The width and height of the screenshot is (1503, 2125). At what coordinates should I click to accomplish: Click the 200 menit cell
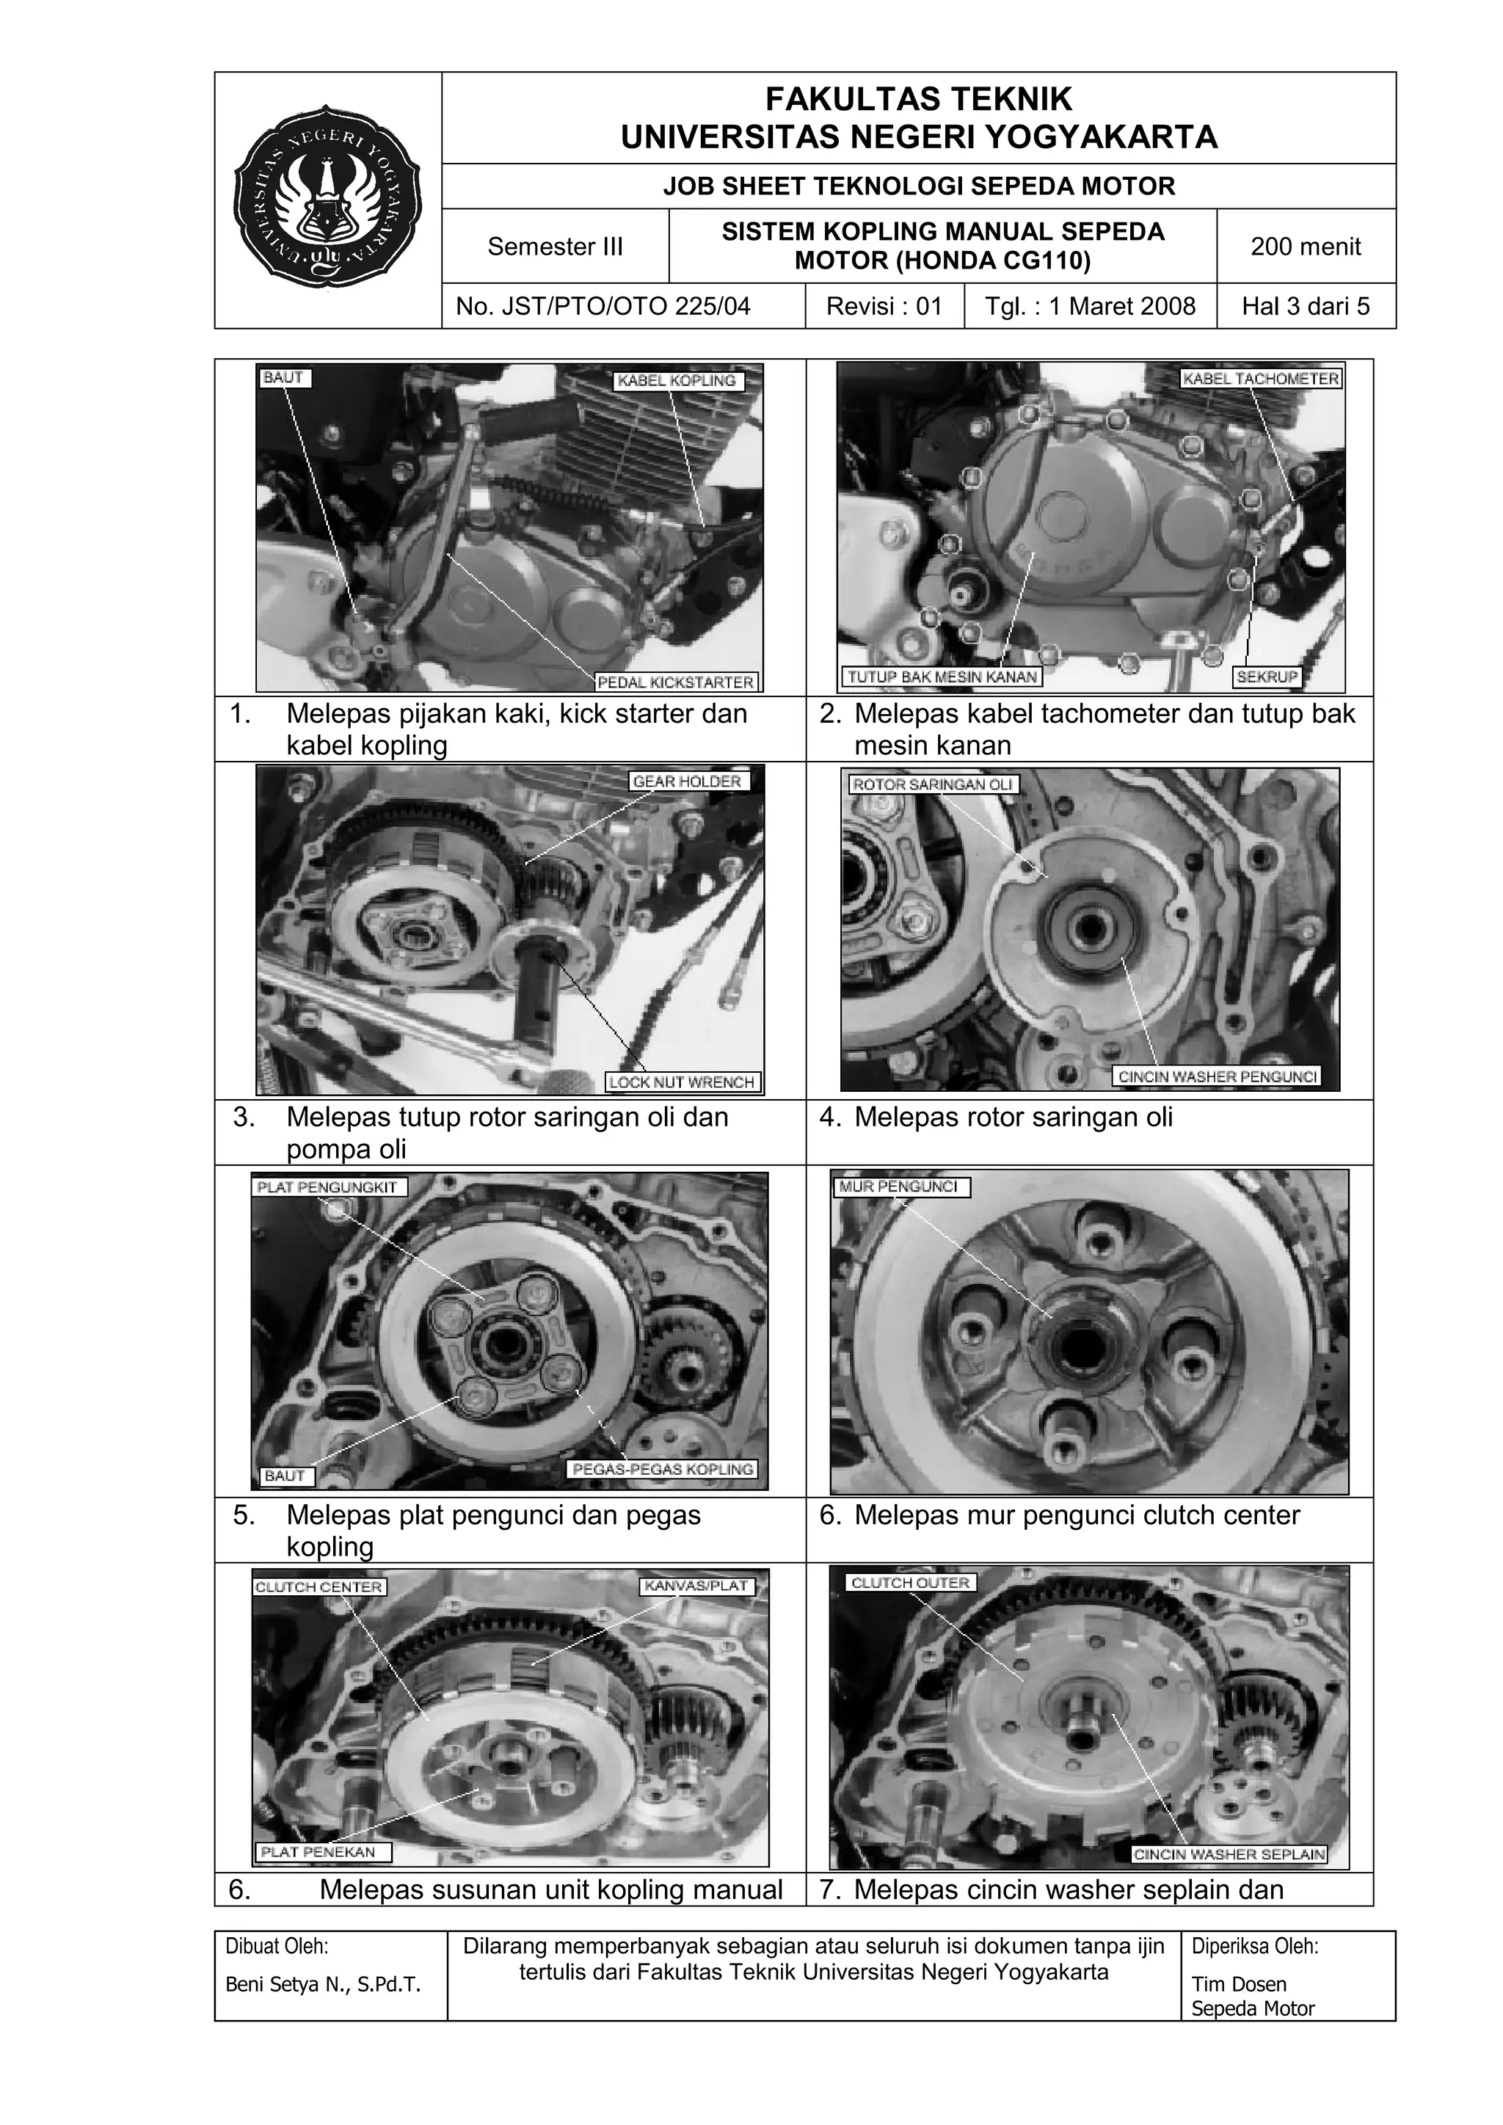click(x=1305, y=247)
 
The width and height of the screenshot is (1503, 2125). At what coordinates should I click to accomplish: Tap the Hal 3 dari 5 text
click(x=1305, y=306)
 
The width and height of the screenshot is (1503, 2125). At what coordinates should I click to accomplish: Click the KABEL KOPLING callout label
click(x=677, y=380)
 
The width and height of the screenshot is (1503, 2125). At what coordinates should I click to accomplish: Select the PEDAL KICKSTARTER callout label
click(x=676, y=682)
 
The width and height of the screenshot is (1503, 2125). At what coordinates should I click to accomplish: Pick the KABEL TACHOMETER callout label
click(x=1261, y=379)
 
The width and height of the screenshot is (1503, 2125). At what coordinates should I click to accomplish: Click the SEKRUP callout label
click(x=1267, y=677)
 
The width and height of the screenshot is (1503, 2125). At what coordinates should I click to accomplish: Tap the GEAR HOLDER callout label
click(x=687, y=781)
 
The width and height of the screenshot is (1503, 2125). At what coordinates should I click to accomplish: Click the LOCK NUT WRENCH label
click(x=682, y=1082)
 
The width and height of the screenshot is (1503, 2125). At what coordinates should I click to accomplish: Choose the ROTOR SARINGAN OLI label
click(x=932, y=784)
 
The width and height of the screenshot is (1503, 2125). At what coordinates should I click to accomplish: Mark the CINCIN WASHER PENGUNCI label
click(x=1216, y=1076)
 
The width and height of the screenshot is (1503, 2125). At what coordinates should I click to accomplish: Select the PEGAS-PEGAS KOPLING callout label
click(x=662, y=1469)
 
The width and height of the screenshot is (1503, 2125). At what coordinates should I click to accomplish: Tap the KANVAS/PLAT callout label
click(x=696, y=1586)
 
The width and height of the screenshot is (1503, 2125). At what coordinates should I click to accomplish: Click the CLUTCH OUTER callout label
click(x=910, y=1583)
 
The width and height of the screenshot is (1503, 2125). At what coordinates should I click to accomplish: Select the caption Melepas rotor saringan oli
click(x=1013, y=1117)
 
